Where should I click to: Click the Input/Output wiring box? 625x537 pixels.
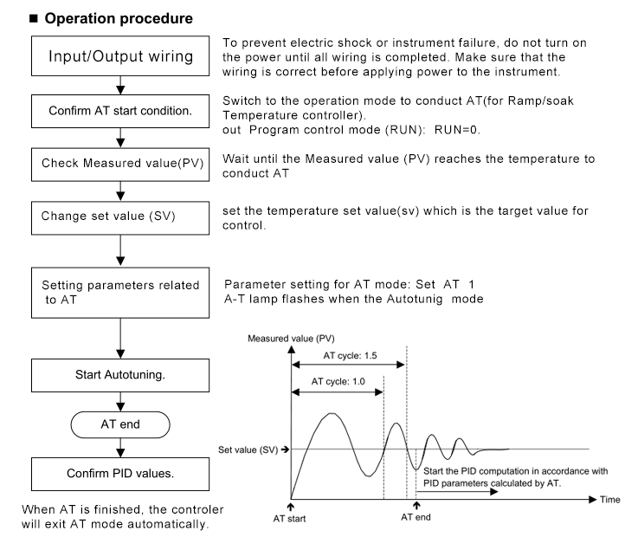click(120, 55)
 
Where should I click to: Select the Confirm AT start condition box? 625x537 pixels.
click(120, 111)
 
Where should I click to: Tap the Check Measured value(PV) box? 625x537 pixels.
click(120, 165)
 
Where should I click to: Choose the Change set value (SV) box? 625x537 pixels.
click(120, 218)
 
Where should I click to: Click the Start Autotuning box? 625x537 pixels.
click(120, 375)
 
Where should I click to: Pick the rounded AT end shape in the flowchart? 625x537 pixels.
click(120, 424)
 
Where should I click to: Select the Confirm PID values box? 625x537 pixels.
click(120, 474)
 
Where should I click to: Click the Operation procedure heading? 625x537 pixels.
click(119, 19)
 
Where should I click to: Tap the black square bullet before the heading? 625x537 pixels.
click(34, 18)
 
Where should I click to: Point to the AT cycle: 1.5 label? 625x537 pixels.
click(350, 355)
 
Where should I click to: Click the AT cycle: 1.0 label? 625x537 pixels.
click(338, 381)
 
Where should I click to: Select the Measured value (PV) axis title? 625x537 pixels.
click(291, 339)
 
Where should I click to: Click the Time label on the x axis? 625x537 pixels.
click(610, 500)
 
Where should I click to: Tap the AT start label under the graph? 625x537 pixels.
click(289, 519)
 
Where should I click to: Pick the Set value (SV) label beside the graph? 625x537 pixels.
click(248, 450)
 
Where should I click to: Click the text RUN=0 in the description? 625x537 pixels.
click(457, 130)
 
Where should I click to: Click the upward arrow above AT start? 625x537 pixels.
click(291, 507)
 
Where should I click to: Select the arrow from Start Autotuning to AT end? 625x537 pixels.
click(120, 402)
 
